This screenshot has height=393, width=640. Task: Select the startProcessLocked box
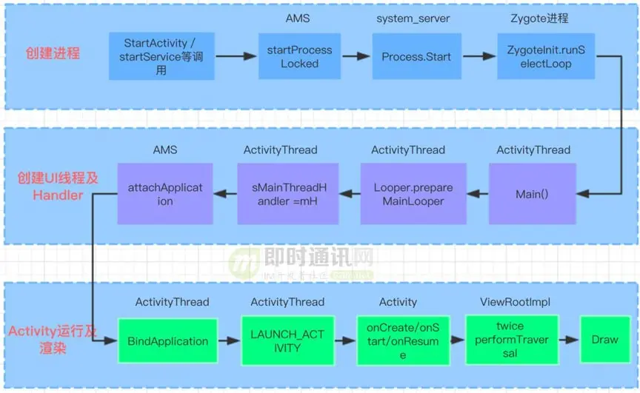point(299,56)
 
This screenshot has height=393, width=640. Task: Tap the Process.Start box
point(416,56)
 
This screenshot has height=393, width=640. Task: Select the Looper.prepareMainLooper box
point(413,194)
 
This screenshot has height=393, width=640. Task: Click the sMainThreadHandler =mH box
point(287,194)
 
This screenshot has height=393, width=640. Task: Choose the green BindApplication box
point(167,341)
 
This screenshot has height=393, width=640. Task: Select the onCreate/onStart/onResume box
point(403,341)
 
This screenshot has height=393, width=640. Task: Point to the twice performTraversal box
point(510,340)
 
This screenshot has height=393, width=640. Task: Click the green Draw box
point(604,340)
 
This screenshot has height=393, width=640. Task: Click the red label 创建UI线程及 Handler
point(58,187)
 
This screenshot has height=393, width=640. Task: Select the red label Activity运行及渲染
point(52,340)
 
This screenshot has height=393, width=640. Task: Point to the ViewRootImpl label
point(515,302)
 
